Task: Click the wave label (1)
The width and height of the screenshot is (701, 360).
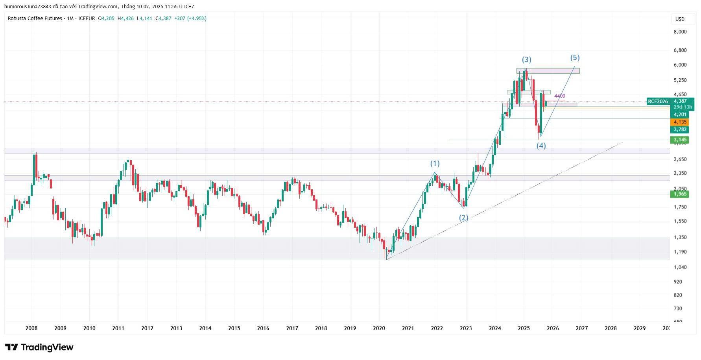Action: tap(435, 163)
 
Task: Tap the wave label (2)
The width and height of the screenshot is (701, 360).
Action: tap(464, 218)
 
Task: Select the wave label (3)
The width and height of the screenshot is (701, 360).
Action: tap(526, 59)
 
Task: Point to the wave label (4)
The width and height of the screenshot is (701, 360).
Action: tap(541, 146)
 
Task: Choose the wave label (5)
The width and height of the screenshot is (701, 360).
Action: tap(575, 57)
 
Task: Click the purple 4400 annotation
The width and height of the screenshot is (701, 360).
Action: tap(559, 96)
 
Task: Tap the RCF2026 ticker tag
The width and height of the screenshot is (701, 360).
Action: tap(658, 102)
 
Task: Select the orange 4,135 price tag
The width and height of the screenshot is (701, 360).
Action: tap(680, 122)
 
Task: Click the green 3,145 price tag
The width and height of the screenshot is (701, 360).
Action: tap(680, 140)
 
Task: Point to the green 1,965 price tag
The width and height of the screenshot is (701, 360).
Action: tap(680, 194)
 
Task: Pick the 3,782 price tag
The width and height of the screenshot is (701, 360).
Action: tap(680, 129)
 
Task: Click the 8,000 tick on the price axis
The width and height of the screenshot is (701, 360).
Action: tap(680, 32)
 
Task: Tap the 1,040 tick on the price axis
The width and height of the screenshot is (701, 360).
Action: tap(680, 267)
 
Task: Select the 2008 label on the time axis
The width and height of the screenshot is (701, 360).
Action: tap(31, 328)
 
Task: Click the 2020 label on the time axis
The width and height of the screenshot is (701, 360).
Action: tap(379, 328)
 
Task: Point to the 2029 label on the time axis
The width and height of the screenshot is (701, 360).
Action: tap(640, 328)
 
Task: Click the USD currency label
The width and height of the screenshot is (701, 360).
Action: tap(680, 19)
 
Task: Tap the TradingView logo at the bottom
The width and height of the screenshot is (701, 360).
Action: tap(39, 347)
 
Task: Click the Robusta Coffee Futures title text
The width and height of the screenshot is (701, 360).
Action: tap(35, 18)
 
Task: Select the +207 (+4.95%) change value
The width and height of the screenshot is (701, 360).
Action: tap(190, 18)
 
